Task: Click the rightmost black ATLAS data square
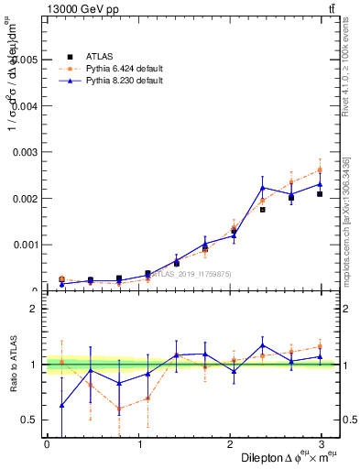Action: pyautogui.click(x=320, y=194)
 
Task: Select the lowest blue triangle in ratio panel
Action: pyautogui.click(x=61, y=405)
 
